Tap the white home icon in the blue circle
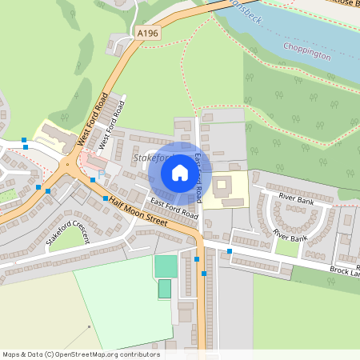point(179,172)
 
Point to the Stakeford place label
point(150,159)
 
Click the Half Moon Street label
point(137,212)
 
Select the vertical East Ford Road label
point(198,177)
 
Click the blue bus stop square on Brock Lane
point(230,251)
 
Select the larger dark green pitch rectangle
point(166,266)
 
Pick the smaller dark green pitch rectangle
point(164,289)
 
